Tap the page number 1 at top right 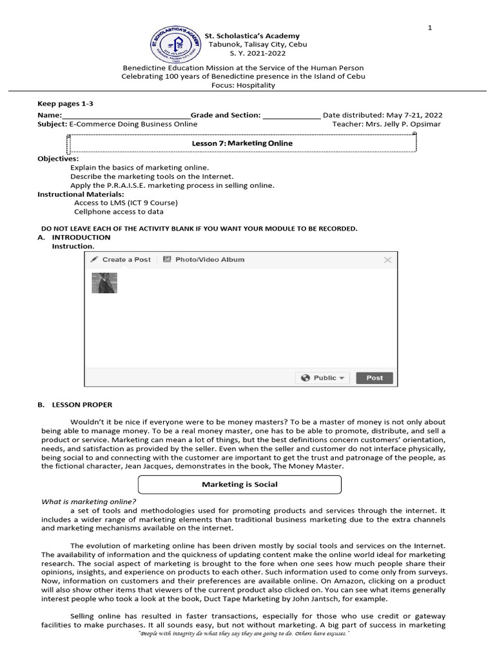[430, 27]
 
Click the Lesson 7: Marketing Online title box [242, 143]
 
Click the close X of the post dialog [387, 260]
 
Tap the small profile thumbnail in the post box [104, 283]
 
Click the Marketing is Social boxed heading [240, 484]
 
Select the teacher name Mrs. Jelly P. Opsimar [405, 124]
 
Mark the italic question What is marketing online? [89, 502]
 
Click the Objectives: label [58, 158]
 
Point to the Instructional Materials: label [81, 194]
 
